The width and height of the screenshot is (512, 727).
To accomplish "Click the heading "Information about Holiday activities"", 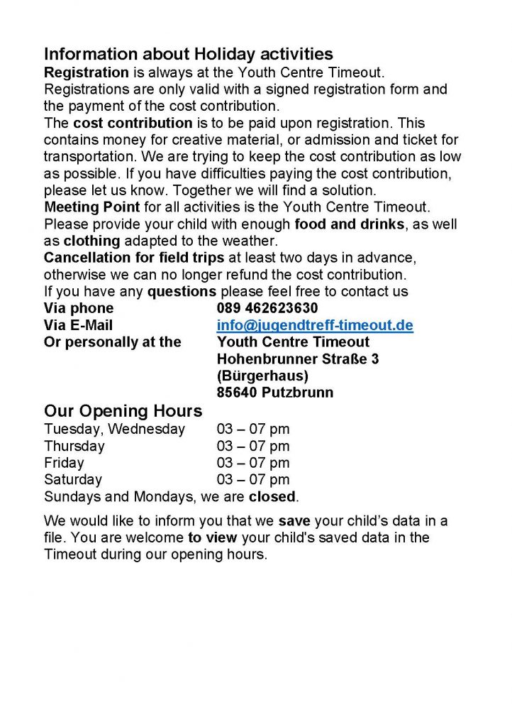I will click(x=188, y=54).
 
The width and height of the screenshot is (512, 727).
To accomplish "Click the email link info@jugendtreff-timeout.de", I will click(x=315, y=325).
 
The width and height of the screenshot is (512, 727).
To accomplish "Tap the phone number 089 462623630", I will click(x=267, y=308).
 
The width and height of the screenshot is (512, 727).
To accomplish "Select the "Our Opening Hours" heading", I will click(x=123, y=411).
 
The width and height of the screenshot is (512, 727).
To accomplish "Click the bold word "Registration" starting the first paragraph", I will click(x=87, y=72).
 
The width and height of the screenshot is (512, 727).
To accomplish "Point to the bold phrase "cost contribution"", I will click(x=133, y=123).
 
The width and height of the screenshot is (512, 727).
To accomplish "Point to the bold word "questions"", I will click(x=182, y=291).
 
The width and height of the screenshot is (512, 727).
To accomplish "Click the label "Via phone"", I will click(x=78, y=308).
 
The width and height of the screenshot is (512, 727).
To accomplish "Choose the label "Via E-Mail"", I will click(x=78, y=325).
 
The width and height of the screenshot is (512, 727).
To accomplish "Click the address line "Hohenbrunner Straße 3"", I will click(x=297, y=359).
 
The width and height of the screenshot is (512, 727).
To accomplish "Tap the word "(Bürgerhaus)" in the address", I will click(x=262, y=376).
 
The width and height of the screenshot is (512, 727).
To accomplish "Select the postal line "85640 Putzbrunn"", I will click(x=274, y=393).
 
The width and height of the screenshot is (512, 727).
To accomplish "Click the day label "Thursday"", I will click(x=74, y=446).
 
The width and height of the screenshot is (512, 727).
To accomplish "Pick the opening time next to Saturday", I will click(x=253, y=480).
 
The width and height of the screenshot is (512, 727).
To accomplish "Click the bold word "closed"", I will click(x=272, y=496).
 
